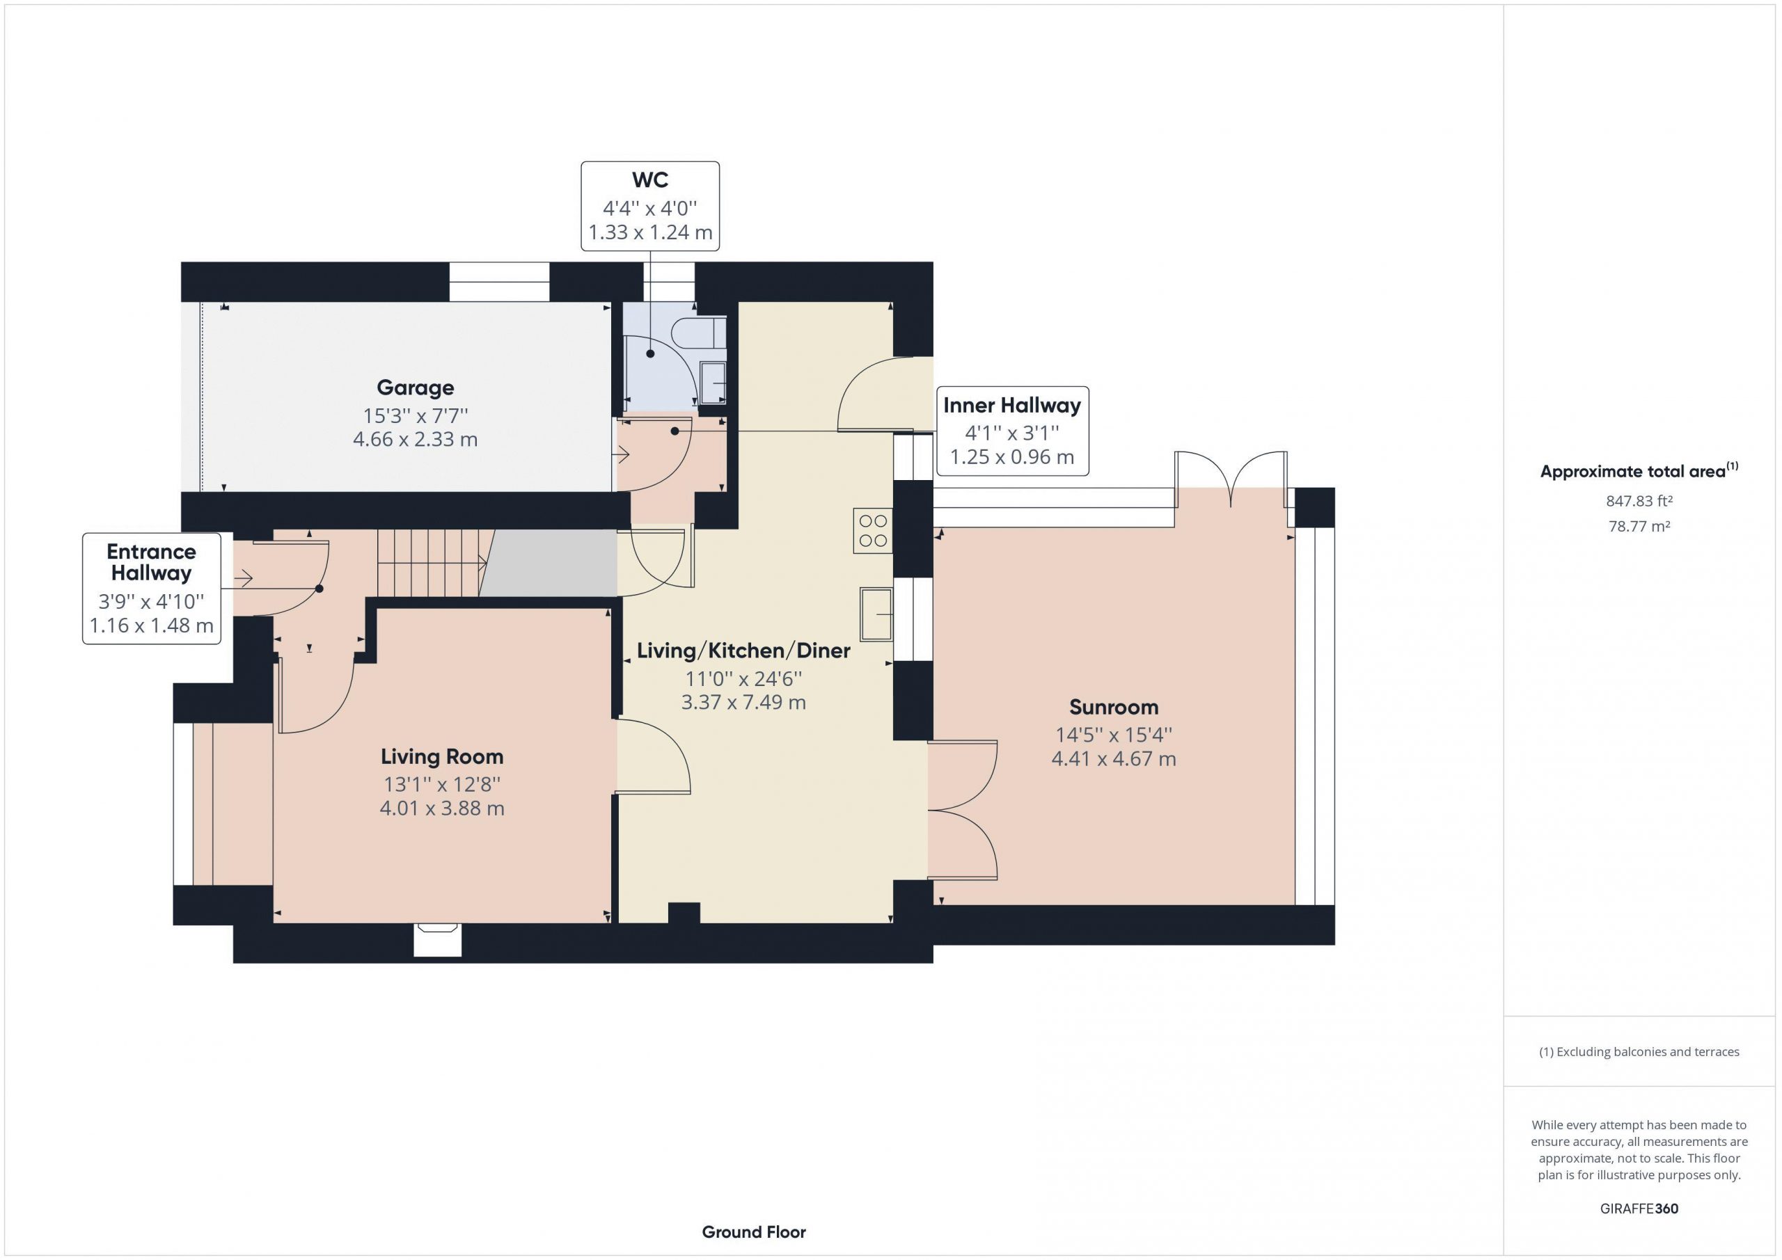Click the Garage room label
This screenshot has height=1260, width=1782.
416,387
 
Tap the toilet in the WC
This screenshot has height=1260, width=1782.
698,331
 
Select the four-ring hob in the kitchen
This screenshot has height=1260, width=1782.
872,531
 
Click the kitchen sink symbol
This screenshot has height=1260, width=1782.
876,614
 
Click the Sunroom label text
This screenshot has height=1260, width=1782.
1114,707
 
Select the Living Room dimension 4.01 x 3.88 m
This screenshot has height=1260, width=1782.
441,808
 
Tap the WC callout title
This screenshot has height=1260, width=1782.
650,180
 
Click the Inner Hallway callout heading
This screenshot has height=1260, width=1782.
1012,405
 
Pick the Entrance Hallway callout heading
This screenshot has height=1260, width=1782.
151,561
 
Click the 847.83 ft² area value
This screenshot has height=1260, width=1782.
1639,501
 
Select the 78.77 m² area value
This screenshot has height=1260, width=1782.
1639,526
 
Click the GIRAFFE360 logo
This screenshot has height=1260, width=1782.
1639,1208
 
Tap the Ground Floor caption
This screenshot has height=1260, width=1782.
754,1231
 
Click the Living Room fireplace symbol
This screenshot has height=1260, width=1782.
438,939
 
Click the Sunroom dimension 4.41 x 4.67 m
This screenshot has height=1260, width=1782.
1114,759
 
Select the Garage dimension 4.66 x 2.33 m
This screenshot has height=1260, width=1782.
416,439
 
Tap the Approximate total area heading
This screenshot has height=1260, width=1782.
1639,470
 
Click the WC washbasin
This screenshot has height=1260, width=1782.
713,383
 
